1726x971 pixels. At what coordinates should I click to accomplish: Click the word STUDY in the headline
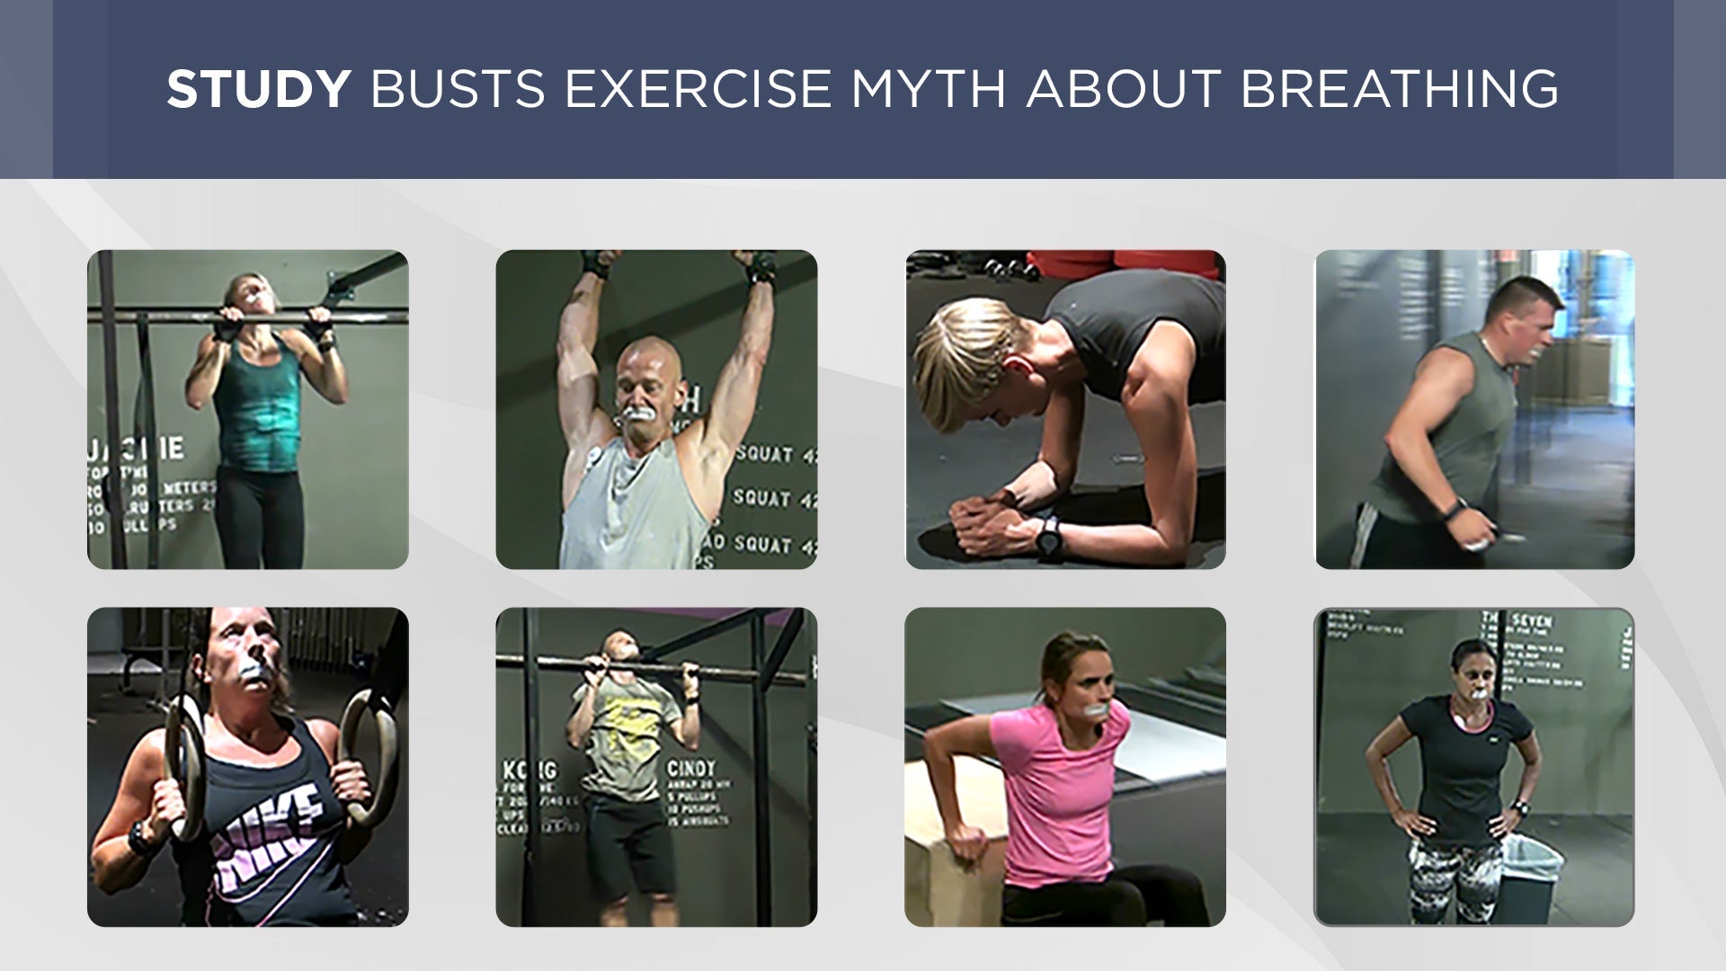(258, 89)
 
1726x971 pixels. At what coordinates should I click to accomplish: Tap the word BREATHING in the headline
(1400, 89)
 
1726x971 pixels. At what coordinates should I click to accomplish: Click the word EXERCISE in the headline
(698, 89)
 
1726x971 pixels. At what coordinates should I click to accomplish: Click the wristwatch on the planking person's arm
(1048, 537)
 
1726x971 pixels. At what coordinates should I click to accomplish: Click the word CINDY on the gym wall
(691, 770)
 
